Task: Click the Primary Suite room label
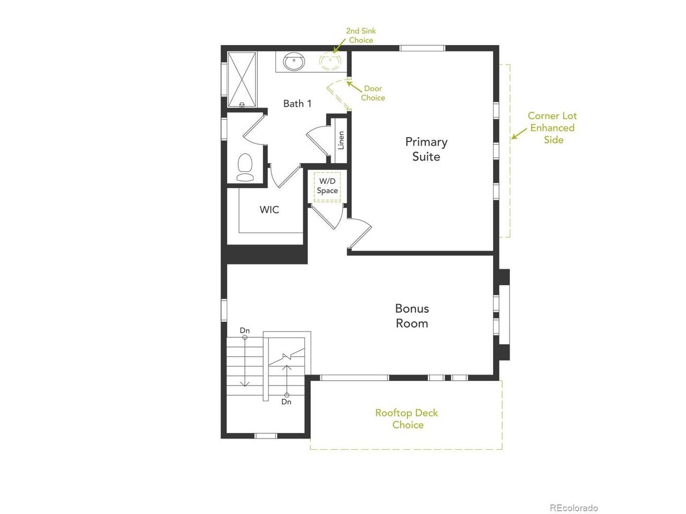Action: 426,149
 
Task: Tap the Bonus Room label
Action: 412,315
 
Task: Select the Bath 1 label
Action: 297,103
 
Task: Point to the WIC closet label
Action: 269,209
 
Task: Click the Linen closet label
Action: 341,140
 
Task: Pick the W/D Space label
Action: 327,186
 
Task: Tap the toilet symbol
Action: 245,167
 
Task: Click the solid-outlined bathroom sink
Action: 294,62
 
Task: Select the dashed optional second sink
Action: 330,61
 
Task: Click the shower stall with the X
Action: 242,80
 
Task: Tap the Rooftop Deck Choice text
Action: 407,419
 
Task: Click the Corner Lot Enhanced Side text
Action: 552,127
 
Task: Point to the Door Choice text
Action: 373,93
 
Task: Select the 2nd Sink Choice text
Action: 361,35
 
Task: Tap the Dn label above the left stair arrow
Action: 245,330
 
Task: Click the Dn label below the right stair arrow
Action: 286,402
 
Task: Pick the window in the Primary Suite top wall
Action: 422,48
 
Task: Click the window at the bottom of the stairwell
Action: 266,436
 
